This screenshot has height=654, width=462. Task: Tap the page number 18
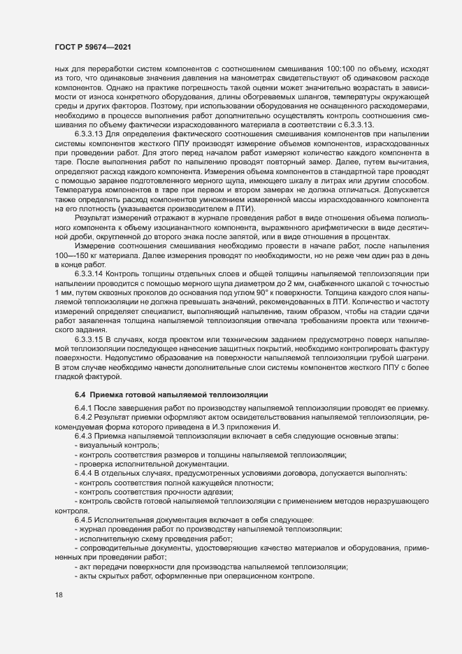click(x=59, y=596)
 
